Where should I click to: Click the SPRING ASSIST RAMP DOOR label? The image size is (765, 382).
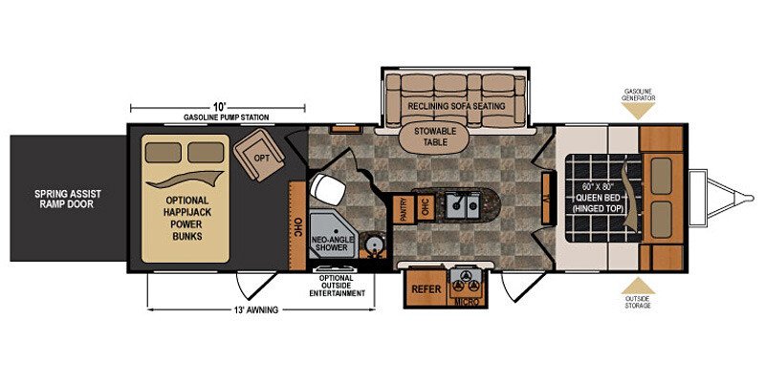click(68, 199)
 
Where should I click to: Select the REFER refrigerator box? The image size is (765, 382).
click(426, 288)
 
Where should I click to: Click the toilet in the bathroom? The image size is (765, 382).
click(326, 189)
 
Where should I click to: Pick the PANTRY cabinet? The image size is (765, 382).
click(404, 209)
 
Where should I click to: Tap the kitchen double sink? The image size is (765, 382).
click(465, 205)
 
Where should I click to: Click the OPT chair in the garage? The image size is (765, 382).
click(259, 154)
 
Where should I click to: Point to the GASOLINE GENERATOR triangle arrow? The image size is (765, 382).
click(638, 111)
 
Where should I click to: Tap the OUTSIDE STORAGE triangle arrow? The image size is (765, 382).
click(638, 286)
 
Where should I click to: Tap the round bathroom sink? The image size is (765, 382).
click(375, 243)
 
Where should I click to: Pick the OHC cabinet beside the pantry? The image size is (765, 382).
click(425, 209)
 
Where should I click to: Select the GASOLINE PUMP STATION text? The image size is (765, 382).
click(227, 117)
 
